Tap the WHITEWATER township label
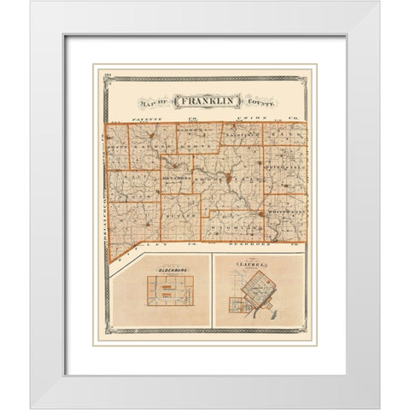point(286,212)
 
